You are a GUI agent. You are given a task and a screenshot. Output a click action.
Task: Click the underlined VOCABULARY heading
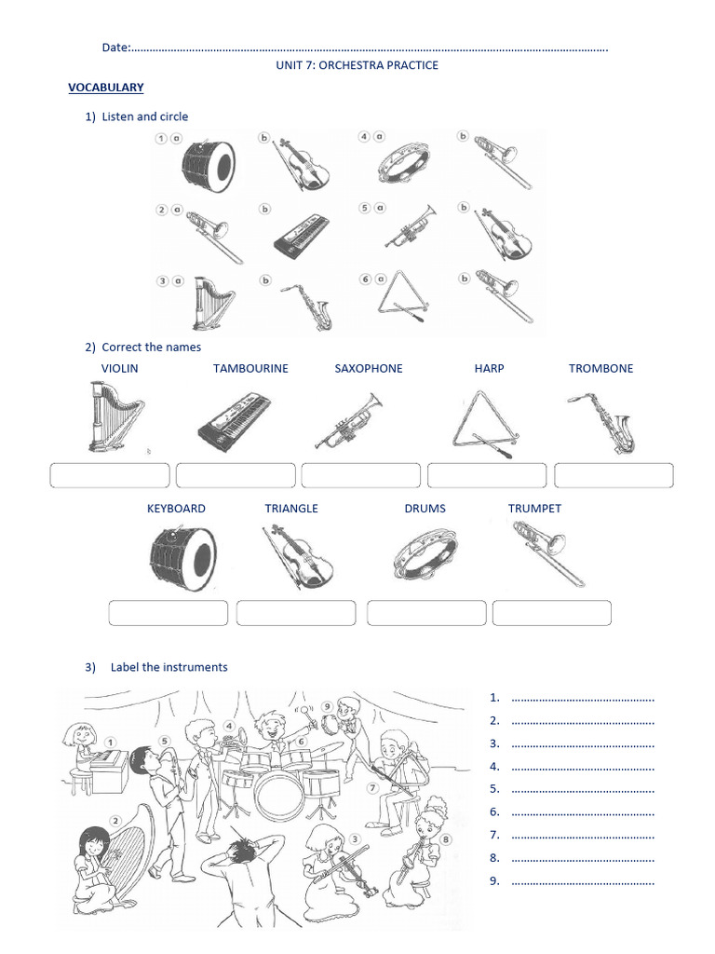pyautogui.click(x=105, y=88)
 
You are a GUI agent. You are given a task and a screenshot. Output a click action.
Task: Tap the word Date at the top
pyautogui.click(x=115, y=48)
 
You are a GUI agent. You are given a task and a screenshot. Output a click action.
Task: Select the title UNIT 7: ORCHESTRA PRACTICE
pyautogui.click(x=357, y=65)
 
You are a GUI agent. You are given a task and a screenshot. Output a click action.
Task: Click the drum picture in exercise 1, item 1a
pyautogui.click(x=208, y=164)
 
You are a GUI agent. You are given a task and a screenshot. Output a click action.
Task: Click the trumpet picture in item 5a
pyautogui.click(x=409, y=226)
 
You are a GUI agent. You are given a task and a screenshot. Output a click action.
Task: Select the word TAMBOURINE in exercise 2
pyautogui.click(x=250, y=368)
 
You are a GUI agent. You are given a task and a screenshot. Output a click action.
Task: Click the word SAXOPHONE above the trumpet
pyautogui.click(x=369, y=368)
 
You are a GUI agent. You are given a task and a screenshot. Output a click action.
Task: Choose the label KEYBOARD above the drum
pyautogui.click(x=176, y=509)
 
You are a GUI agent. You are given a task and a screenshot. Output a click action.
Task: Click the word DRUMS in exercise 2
pyautogui.click(x=425, y=509)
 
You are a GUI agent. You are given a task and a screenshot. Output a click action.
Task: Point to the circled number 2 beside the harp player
pyautogui.click(x=115, y=821)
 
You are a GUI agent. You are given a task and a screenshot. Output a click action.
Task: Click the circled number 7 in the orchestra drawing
pyautogui.click(x=372, y=787)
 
